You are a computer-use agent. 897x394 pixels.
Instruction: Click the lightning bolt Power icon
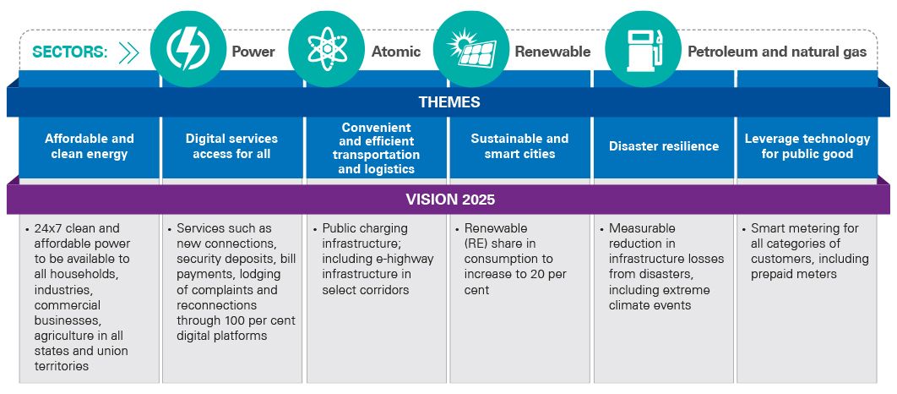point(188,49)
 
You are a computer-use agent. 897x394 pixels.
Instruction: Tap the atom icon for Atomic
point(327,49)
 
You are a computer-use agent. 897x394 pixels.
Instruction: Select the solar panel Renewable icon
point(470,49)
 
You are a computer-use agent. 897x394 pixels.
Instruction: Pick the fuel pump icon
point(643,49)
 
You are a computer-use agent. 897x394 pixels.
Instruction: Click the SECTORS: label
point(70,52)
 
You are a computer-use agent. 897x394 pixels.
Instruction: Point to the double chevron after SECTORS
point(128,52)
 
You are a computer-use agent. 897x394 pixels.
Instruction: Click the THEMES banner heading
point(449,102)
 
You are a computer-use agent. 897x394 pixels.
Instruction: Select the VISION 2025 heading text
point(450,200)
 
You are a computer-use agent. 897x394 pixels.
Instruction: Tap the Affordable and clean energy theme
point(90,146)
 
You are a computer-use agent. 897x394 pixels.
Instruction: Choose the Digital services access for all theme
point(231,146)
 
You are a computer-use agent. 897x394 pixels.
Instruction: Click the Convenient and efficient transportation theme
point(377,148)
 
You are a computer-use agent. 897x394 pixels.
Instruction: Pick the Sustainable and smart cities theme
point(520,146)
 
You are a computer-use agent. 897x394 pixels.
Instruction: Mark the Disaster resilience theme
point(664,146)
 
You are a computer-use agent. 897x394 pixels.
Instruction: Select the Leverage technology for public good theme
point(807,146)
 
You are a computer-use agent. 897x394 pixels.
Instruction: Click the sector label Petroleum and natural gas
point(777,52)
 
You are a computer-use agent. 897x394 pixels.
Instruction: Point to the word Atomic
point(396,52)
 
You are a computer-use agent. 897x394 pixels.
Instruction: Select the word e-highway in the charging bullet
point(389,260)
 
